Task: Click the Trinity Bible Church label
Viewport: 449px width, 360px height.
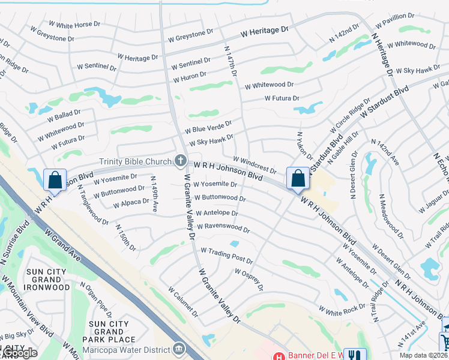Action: (135, 160)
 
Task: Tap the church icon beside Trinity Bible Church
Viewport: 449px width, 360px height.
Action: (179, 160)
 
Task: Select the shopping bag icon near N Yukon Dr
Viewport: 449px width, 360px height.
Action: (298, 178)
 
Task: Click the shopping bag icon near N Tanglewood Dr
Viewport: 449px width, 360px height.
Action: (55, 180)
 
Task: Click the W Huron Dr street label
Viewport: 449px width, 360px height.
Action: (190, 77)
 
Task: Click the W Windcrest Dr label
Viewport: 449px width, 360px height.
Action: (255, 166)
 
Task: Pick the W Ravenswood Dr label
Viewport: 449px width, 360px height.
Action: (223, 229)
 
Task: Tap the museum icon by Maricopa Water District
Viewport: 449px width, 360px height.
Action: (178, 348)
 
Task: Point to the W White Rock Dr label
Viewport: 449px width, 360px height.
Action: (342, 310)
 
